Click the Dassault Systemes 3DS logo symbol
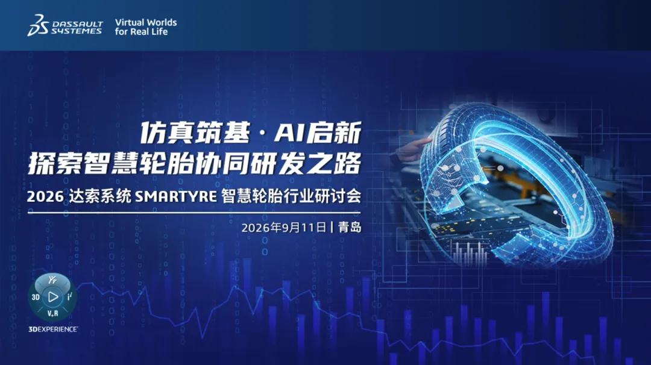(x=38, y=25)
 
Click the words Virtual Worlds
(x=146, y=22)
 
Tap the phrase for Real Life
(x=141, y=31)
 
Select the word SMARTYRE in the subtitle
(x=176, y=196)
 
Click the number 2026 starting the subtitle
(x=45, y=196)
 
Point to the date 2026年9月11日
(x=283, y=228)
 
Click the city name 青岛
(x=350, y=227)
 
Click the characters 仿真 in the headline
(x=167, y=133)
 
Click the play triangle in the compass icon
(x=53, y=297)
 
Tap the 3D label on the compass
(x=36, y=297)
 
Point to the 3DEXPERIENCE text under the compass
(x=52, y=329)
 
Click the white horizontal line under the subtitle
(x=194, y=213)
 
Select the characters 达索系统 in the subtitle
(x=99, y=196)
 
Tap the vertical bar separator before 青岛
(x=332, y=227)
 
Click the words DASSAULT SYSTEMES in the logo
(x=77, y=27)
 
